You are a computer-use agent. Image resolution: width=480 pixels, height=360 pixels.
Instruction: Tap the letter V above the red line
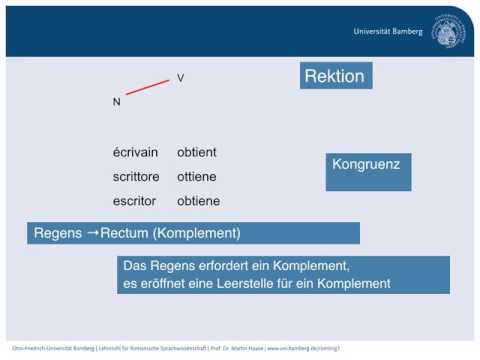click(x=181, y=78)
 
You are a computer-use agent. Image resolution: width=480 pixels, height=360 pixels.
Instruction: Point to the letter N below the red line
click(x=116, y=101)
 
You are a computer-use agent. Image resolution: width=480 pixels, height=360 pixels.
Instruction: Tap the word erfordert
click(x=219, y=266)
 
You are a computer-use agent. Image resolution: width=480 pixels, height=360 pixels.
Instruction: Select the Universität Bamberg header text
click(x=390, y=31)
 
